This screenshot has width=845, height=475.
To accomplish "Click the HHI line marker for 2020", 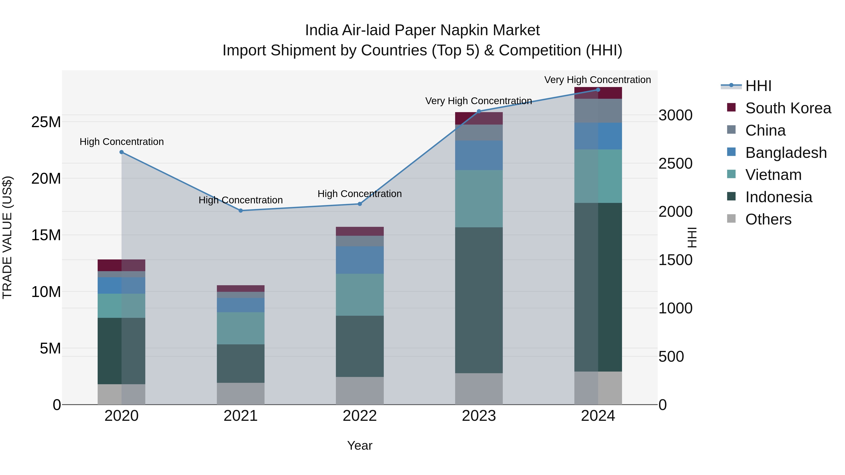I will coord(121,152).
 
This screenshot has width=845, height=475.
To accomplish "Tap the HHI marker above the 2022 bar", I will coord(360,204).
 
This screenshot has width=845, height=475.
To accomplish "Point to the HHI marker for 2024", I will coord(598,90).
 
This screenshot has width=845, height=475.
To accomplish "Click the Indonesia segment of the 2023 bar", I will coord(479,300).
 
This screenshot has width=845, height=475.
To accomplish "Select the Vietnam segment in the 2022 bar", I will coord(360,295).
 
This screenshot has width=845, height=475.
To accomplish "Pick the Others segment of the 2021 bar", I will coord(240,393).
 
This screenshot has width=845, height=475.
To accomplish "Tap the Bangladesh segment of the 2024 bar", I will coord(598,136).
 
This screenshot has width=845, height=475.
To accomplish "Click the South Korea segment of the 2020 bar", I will coord(121,265).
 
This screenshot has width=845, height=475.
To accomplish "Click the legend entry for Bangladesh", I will coord(786,153).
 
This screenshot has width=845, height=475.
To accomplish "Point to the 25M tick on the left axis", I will coord(46,122).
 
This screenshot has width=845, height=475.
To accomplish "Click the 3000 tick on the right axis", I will coord(675,115).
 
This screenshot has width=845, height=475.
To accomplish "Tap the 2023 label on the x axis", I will coord(479,416).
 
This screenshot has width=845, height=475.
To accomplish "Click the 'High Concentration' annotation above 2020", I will coord(121,142).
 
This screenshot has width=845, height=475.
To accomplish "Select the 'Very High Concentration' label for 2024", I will coord(597,80).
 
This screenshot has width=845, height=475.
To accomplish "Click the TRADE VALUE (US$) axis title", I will coord(7,237).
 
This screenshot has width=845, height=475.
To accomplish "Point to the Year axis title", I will coord(360,445).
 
